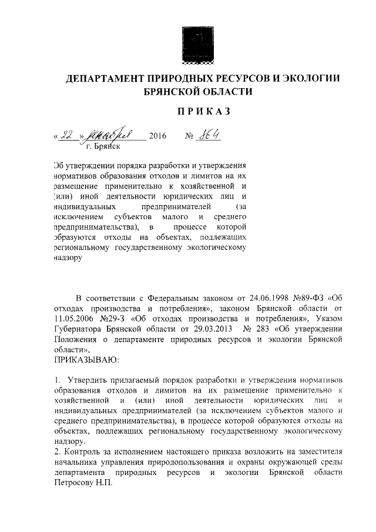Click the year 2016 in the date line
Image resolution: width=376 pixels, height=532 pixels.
(158, 137)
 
